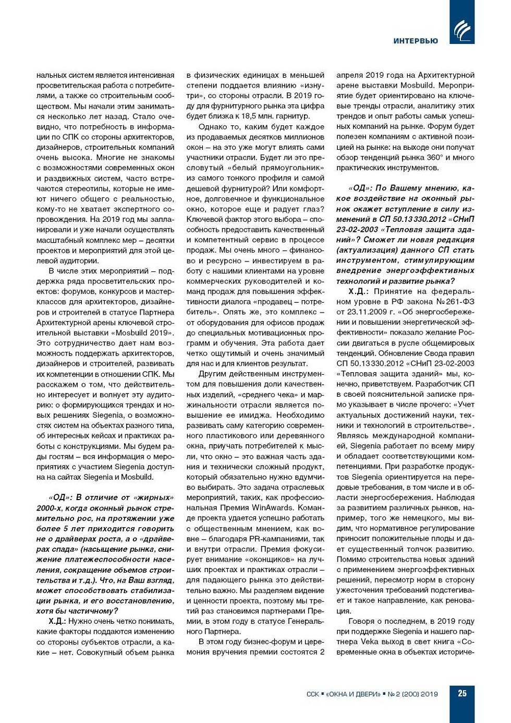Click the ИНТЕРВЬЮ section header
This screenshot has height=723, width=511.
click(x=416, y=41)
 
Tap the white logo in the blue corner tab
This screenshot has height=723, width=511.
click(x=462, y=30)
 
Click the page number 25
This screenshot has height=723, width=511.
click(x=462, y=694)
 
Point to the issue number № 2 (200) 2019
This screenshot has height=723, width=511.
click(x=412, y=694)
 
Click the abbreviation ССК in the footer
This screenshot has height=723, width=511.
click(x=312, y=694)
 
